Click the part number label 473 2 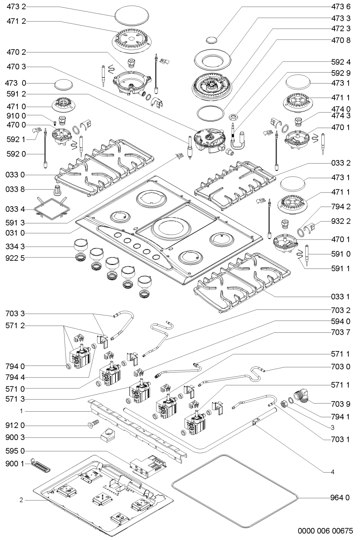tap(16, 7)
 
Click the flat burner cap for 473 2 tap(132, 15)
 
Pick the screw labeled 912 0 tap(93, 425)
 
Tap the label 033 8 tap(16, 189)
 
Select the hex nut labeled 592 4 tap(234, 116)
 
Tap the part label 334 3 tap(16, 246)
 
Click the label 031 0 tap(16, 233)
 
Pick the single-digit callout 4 tap(333, 472)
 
